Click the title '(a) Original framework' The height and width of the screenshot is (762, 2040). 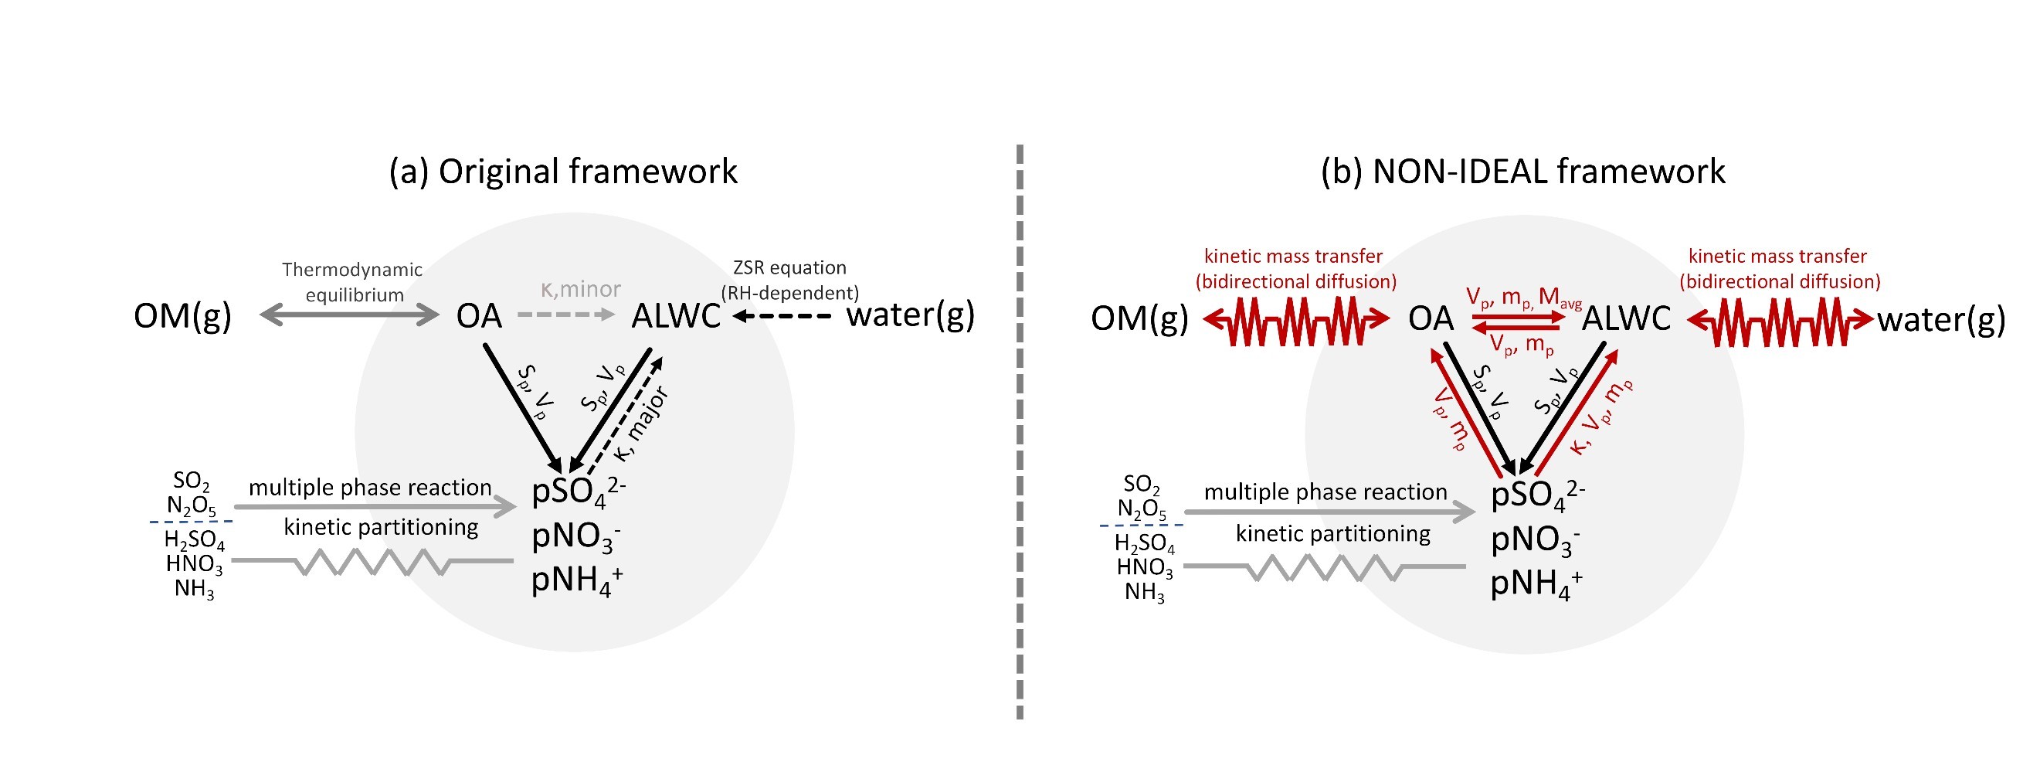point(563,172)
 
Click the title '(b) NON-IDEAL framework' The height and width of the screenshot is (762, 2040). point(1522,172)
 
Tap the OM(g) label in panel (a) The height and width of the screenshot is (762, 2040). point(183,316)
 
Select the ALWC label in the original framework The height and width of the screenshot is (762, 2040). point(676,316)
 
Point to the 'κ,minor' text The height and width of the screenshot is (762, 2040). point(579,289)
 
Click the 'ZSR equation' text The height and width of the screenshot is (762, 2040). point(789,267)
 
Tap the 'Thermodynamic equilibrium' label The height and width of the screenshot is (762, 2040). point(352,282)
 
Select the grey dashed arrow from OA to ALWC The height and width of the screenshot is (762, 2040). point(565,315)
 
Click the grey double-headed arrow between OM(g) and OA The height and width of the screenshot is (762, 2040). point(349,316)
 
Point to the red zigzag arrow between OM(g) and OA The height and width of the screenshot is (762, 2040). point(1295,320)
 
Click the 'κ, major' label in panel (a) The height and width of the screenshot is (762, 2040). point(641,424)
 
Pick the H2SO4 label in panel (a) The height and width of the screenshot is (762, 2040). point(194,539)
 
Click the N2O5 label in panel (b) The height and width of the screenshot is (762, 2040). point(1141,509)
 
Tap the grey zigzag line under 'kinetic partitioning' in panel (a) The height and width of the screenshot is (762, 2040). point(372,562)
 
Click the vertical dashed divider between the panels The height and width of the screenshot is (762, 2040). point(1019,432)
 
